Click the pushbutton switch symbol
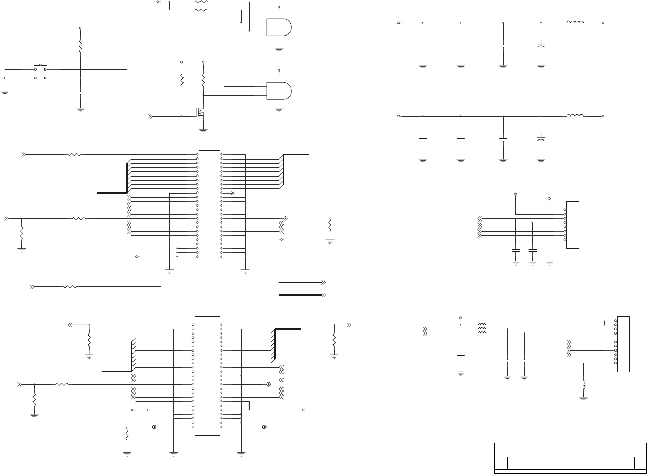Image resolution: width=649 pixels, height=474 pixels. pyautogui.click(x=40, y=67)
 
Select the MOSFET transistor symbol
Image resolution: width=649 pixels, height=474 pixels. pyautogui.click(x=200, y=111)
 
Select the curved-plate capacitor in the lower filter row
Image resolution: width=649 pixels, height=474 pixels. pyautogui.click(x=541, y=139)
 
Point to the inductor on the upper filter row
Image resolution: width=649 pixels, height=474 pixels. pyautogui.click(x=575, y=22)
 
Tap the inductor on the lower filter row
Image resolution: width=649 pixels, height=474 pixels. pyautogui.click(x=575, y=116)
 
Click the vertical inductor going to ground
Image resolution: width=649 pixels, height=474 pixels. pyautogui.click(x=584, y=384)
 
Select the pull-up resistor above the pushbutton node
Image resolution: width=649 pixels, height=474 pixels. pyautogui.click(x=80, y=46)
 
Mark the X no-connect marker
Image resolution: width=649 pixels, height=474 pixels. pyautogui.click(x=233, y=193)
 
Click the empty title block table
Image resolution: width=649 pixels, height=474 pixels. pyautogui.click(x=570, y=458)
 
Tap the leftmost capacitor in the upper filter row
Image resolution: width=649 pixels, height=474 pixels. pyautogui.click(x=423, y=46)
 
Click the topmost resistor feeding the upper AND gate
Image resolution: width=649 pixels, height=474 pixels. pyautogui.click(x=201, y=2)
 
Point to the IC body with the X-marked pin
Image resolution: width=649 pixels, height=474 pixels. pyautogui.click(x=209, y=206)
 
